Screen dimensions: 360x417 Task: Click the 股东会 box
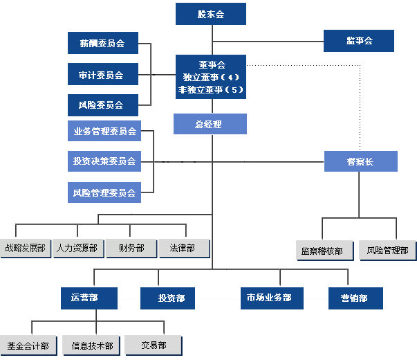click(x=210, y=14)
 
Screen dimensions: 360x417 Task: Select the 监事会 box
click(x=359, y=41)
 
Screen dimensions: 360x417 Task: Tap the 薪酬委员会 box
click(x=102, y=43)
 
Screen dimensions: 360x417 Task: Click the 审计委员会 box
click(x=102, y=74)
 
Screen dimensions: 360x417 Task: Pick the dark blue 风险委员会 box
click(x=102, y=105)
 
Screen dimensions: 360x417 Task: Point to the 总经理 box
click(x=210, y=124)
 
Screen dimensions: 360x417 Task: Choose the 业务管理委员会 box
click(x=104, y=130)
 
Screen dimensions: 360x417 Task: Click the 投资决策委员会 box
click(x=104, y=161)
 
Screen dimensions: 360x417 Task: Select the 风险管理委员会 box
click(x=104, y=192)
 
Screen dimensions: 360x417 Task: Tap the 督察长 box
click(x=360, y=161)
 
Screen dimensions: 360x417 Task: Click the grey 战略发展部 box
click(x=26, y=248)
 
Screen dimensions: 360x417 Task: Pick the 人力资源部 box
click(x=77, y=248)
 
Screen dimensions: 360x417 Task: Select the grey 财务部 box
click(x=131, y=248)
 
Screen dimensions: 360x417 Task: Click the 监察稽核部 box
click(x=322, y=250)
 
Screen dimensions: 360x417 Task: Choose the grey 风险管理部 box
click(x=387, y=250)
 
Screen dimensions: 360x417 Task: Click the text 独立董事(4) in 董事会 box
click(x=210, y=77)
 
